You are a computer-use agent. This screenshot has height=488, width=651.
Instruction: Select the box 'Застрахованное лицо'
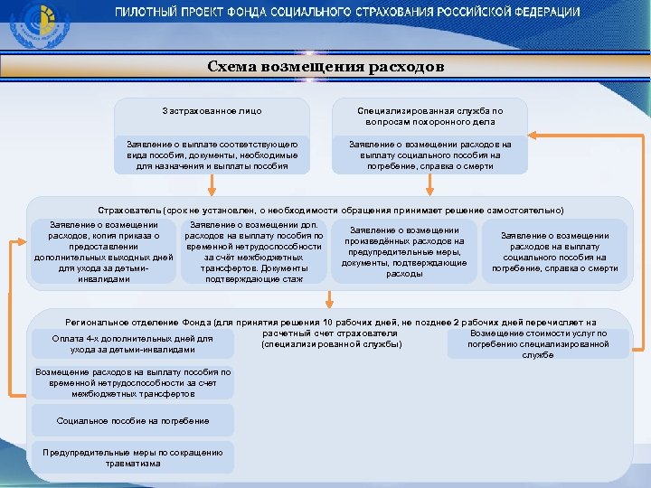tap(212, 111)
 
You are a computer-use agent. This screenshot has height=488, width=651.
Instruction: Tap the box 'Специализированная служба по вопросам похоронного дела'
tap(429, 116)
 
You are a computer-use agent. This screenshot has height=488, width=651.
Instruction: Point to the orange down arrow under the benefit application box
tap(212, 186)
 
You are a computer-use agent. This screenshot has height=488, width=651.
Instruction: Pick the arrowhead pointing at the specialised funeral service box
tap(533, 136)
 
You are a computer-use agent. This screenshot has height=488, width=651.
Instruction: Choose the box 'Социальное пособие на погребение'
tap(133, 420)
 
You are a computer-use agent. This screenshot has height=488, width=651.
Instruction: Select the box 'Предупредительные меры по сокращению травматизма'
tap(133, 457)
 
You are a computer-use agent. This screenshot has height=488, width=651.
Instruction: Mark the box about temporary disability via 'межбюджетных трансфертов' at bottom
tap(133, 383)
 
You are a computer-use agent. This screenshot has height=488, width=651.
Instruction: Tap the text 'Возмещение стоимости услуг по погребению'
tap(538, 339)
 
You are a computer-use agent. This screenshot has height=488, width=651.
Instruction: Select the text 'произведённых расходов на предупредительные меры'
tap(404, 247)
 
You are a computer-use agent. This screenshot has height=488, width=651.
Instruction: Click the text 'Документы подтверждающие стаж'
tap(254, 274)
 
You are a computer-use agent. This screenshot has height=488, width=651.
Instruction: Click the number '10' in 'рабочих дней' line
tap(327, 322)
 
